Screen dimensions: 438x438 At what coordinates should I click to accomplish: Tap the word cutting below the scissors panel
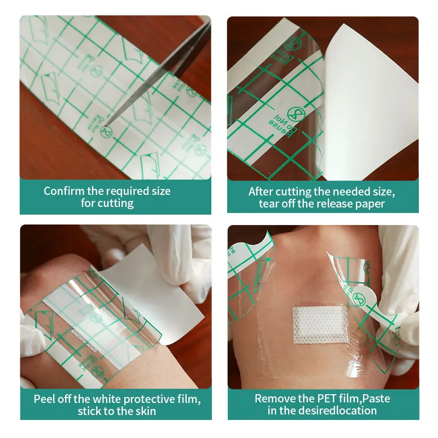(x=116, y=203)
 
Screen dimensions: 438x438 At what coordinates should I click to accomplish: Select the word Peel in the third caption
(x=45, y=399)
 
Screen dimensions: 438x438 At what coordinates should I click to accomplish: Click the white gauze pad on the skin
(x=320, y=325)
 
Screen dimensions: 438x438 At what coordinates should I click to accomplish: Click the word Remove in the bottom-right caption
(x=273, y=399)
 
